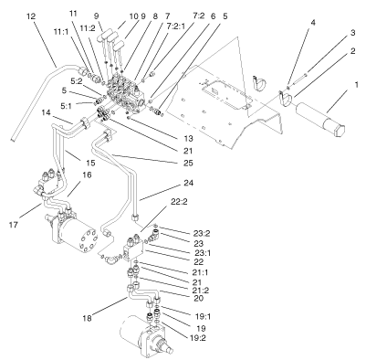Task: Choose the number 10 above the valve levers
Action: (x=133, y=16)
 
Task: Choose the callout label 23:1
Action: (x=176, y=253)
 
